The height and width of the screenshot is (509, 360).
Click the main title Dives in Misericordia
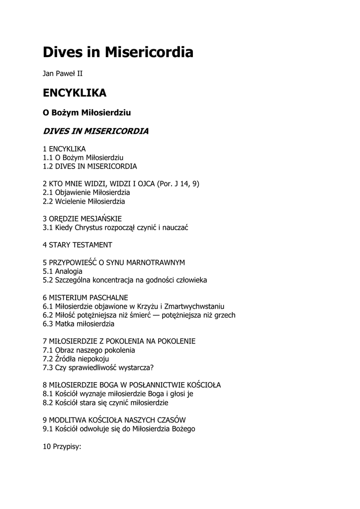pyautogui.click(x=118, y=52)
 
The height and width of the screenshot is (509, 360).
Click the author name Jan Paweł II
pyautogui.click(x=63, y=74)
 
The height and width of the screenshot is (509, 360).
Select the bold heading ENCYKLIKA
pyautogui.click(x=74, y=93)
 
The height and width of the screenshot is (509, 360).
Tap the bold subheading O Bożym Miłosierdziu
pyautogui.click(x=87, y=113)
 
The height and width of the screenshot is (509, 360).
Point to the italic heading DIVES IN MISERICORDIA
pyautogui.click(x=95, y=132)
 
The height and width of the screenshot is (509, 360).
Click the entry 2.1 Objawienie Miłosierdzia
pyautogui.click(x=87, y=192)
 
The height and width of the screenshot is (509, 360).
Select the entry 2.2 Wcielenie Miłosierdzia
pyautogui.click(x=84, y=201)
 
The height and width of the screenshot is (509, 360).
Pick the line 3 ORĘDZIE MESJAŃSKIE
pyautogui.click(x=82, y=219)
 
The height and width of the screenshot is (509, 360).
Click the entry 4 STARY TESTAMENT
pyautogui.click(x=78, y=245)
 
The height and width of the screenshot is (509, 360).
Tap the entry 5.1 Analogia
pyautogui.click(x=63, y=271)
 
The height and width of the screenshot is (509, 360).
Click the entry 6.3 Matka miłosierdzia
pyautogui.click(x=79, y=324)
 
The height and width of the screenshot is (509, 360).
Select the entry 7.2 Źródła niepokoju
pyautogui.click(x=76, y=358)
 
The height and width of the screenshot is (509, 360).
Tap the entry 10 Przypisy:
pyautogui.click(x=62, y=446)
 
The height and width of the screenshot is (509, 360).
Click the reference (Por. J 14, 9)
pyautogui.click(x=178, y=184)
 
